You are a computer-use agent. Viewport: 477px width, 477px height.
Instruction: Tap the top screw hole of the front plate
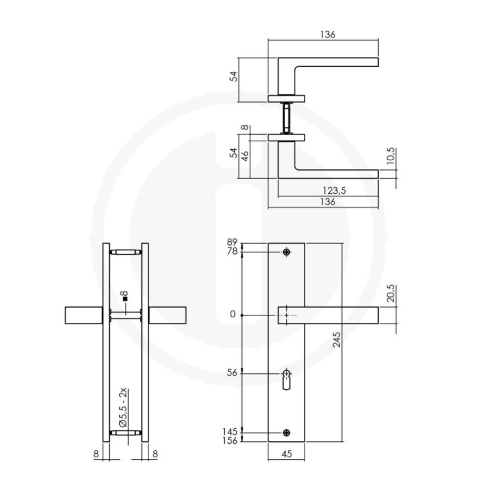[286, 252]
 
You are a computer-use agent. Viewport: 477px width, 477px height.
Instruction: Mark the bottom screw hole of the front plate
[286, 433]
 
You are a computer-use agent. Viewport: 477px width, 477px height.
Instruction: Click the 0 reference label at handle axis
[232, 314]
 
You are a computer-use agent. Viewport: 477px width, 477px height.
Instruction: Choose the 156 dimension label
[230, 441]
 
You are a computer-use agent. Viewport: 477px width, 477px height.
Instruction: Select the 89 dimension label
[232, 242]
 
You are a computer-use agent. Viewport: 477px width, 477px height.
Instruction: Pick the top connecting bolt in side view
[125, 252]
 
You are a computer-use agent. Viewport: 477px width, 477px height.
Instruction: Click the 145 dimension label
[230, 432]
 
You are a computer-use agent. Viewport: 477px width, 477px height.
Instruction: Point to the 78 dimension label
[232, 251]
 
